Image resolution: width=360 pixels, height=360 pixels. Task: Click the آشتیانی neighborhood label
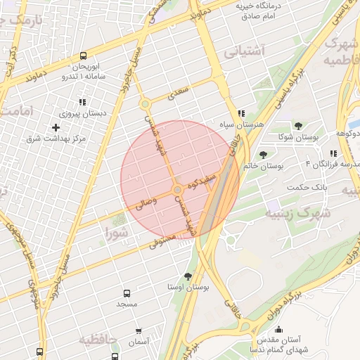pos(243,51)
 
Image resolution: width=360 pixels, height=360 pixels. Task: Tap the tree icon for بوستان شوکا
pos(299,126)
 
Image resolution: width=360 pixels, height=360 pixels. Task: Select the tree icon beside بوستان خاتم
pos(263,155)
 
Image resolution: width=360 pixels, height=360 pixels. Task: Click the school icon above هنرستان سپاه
pos(241,112)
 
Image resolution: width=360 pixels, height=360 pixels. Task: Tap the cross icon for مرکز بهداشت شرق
pos(55,127)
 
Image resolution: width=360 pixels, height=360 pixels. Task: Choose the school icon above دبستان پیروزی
pos(82,101)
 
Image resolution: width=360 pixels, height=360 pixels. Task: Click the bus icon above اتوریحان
pos(84,56)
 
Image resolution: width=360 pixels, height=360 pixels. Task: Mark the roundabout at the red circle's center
pos(177,190)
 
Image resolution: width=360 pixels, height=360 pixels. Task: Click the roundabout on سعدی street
pos(146,105)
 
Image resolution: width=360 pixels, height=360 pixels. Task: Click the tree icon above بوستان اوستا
pos(187,276)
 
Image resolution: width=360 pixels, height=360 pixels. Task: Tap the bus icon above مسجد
pos(127,292)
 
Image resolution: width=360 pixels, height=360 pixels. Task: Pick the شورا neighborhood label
pos(117,232)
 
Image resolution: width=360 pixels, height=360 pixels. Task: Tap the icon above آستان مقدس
pos(278,330)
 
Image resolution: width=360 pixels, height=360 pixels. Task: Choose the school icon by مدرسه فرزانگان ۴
pos(333,153)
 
